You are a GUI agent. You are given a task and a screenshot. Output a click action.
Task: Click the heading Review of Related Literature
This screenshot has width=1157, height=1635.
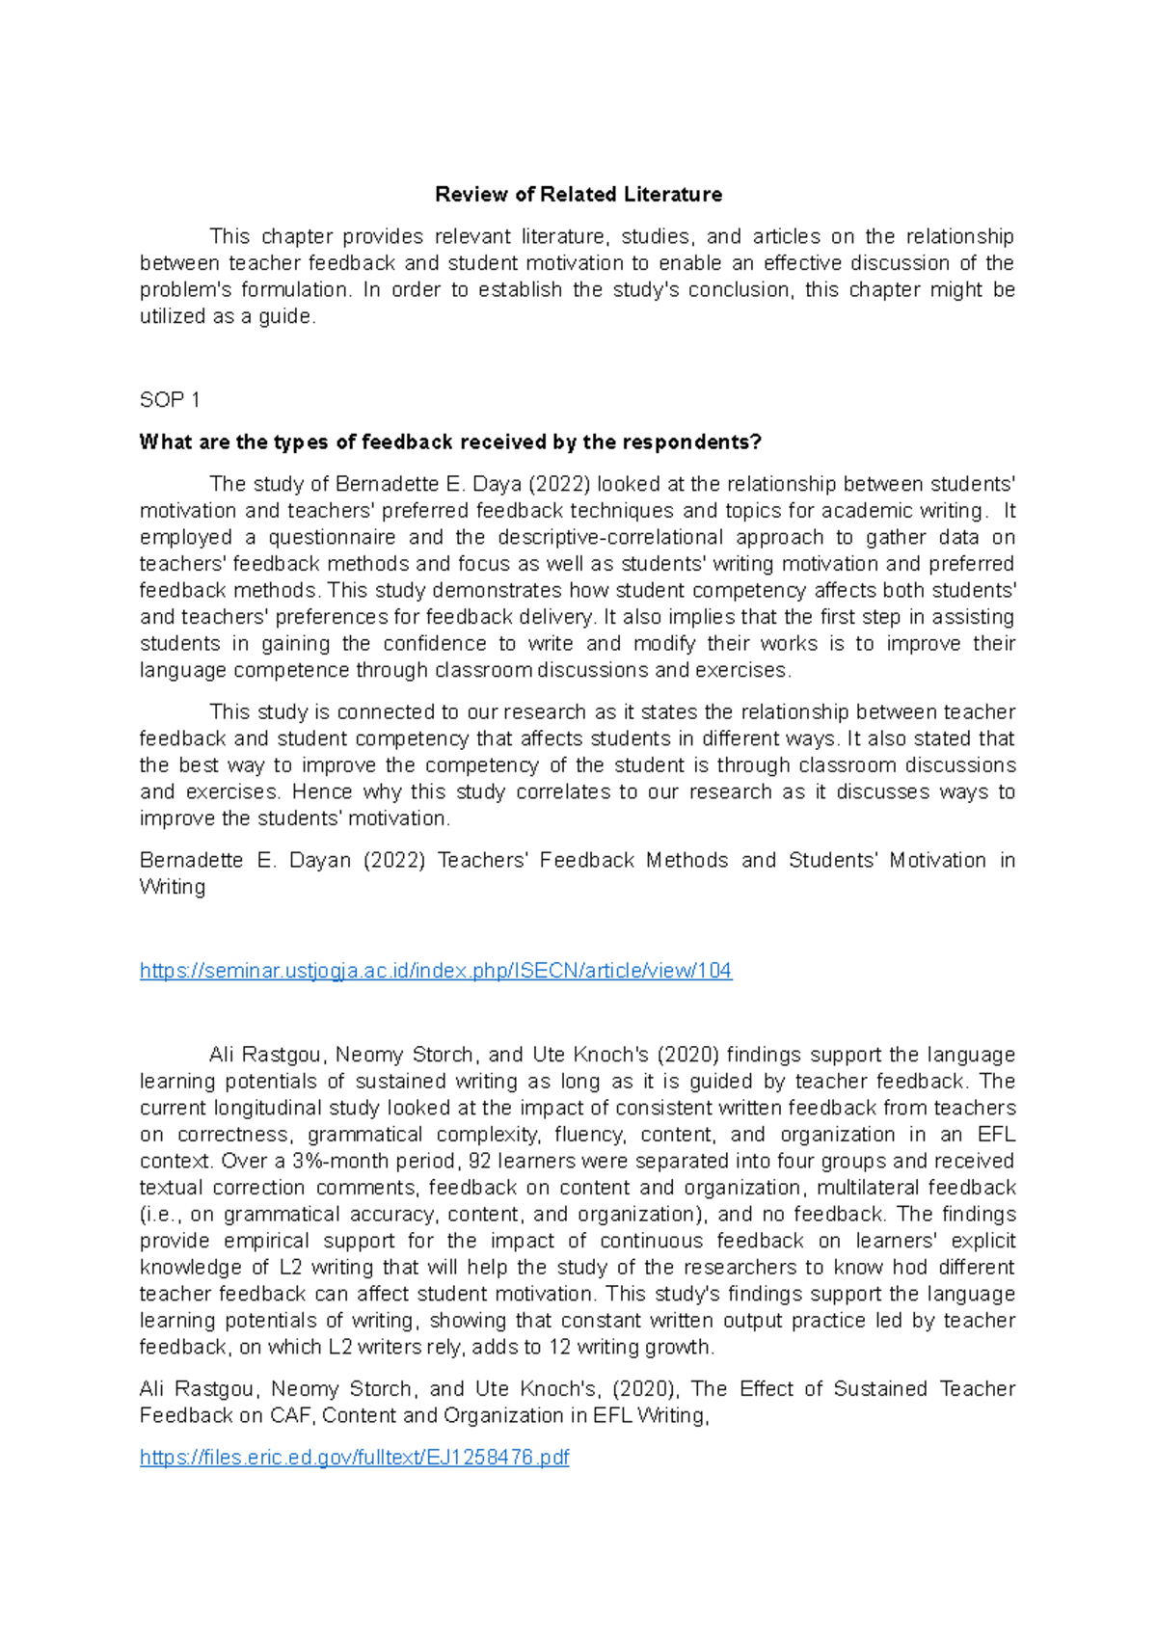(x=578, y=195)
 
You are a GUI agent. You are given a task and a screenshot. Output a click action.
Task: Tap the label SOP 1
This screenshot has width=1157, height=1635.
(x=170, y=400)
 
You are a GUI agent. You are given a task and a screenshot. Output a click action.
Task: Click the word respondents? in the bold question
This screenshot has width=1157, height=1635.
(x=691, y=442)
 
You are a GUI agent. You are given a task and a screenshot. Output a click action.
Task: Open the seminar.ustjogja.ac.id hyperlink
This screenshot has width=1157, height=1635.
(x=436, y=971)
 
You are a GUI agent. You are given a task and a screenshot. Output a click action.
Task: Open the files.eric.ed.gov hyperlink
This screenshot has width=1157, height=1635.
(x=354, y=1458)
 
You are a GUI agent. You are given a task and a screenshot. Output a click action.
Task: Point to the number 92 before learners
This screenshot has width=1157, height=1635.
(x=480, y=1161)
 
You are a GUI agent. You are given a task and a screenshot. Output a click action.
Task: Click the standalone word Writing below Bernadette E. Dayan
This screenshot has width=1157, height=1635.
(x=173, y=887)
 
